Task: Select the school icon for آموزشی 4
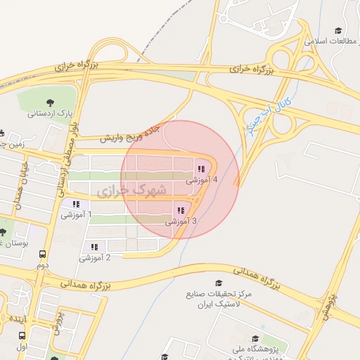(202, 169)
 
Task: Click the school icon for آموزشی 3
(181, 210)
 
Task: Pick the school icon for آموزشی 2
(94, 247)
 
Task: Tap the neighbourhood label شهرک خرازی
(132, 191)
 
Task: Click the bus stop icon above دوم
(43, 255)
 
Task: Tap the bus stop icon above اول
(22, 336)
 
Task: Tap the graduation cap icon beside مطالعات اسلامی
(338, 31)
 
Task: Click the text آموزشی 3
(181, 221)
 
